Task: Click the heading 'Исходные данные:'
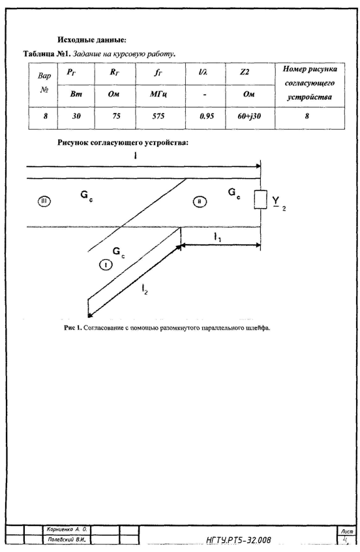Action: [x=91, y=40]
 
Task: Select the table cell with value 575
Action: [x=158, y=116]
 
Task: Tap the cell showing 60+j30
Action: [x=249, y=116]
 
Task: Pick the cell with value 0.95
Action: [x=207, y=116]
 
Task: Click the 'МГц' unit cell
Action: [x=158, y=95]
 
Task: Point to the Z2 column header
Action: [x=245, y=72]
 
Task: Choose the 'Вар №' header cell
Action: [x=44, y=83]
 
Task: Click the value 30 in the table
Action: [x=76, y=116]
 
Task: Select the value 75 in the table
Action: [x=116, y=116]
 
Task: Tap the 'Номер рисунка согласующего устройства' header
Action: [x=310, y=83]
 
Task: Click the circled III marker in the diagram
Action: [x=44, y=202]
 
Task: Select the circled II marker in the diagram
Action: [x=200, y=202]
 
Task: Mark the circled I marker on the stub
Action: [x=106, y=265]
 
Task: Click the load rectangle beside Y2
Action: [x=261, y=200]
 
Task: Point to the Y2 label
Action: [x=279, y=202]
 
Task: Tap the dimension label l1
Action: [x=218, y=238]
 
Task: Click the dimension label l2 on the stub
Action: [x=145, y=290]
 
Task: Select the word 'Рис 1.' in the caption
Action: [x=73, y=328]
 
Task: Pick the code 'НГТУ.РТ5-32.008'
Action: [x=239, y=540]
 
